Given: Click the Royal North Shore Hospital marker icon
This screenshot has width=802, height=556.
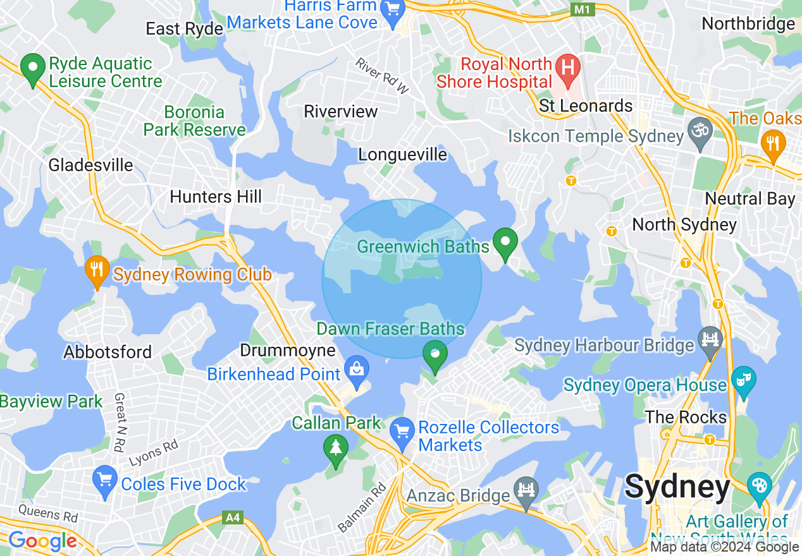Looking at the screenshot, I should [x=567, y=66].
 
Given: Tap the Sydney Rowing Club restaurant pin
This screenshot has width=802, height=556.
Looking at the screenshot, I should [x=97, y=269].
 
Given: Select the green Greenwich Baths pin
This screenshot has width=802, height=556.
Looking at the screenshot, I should [x=505, y=242].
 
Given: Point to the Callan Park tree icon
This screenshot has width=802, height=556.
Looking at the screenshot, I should [x=335, y=448].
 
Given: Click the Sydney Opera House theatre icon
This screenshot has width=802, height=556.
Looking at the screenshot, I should [x=743, y=380].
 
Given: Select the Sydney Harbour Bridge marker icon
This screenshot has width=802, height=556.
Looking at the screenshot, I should [x=710, y=340].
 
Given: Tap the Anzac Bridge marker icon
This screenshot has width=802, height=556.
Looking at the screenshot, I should [x=526, y=490].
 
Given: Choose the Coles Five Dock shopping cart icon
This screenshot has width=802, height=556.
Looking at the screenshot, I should [x=104, y=480].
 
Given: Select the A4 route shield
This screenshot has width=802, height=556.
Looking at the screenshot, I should [x=233, y=518].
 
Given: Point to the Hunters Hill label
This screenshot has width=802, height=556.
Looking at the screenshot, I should [x=216, y=196].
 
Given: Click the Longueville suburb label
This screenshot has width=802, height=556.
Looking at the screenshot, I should [x=402, y=155].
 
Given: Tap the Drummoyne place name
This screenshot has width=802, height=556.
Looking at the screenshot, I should [x=288, y=351].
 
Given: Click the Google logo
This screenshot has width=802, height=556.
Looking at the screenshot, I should [x=42, y=541].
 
